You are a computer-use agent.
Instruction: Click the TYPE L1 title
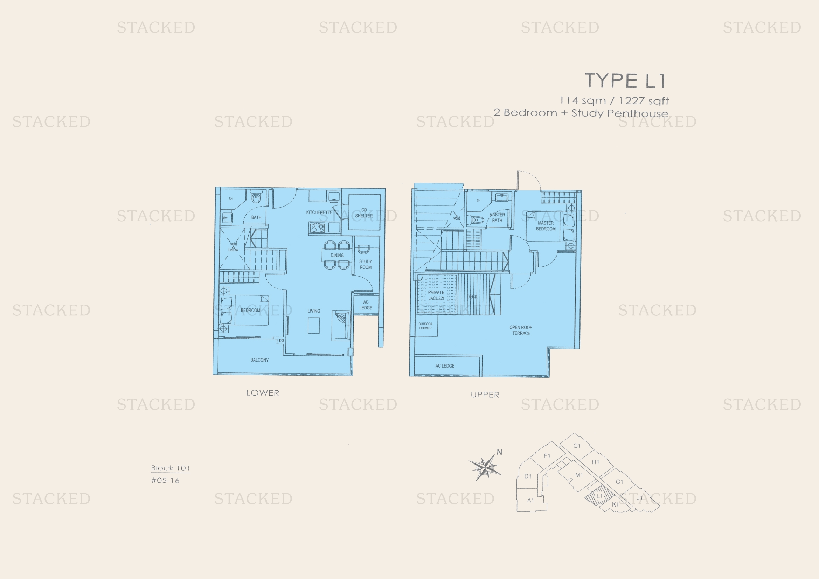[x=625, y=81]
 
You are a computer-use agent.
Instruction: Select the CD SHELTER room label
[x=364, y=213]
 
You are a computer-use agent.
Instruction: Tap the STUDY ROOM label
[x=366, y=264]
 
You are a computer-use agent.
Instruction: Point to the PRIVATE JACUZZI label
[x=436, y=295]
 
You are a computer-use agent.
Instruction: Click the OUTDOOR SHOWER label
[x=425, y=326]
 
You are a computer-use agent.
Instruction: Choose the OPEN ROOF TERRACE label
[x=521, y=330]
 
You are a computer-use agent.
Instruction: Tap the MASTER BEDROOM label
[x=546, y=226]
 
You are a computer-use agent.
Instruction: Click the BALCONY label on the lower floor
[x=259, y=360]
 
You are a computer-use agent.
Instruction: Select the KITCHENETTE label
[x=319, y=212]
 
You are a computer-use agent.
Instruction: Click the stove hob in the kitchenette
[x=317, y=228]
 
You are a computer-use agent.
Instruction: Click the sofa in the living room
[x=341, y=326]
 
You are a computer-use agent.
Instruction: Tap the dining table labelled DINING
[x=337, y=255]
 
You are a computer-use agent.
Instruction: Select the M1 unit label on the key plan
[x=579, y=475]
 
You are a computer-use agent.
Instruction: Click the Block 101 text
[x=170, y=468]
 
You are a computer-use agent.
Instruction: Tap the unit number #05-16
[x=165, y=481]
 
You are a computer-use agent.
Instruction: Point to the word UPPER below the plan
[x=485, y=395]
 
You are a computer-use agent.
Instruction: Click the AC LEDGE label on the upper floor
[x=445, y=366]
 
